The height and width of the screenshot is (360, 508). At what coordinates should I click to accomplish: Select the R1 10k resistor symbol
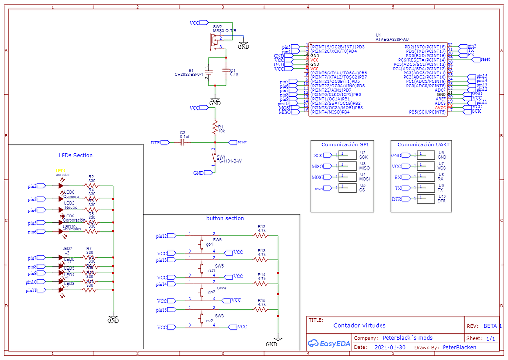coord(215,126)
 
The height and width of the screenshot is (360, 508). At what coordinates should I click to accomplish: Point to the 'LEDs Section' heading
coord(75,155)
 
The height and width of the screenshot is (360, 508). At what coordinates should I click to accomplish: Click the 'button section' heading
coord(225,218)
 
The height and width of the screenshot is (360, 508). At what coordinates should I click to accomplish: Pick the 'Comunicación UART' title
coord(424,145)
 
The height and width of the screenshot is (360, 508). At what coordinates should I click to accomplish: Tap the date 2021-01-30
coord(390,348)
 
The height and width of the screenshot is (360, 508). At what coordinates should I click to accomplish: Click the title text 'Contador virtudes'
coord(359,326)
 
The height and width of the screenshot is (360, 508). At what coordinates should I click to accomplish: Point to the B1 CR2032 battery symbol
coord(209,72)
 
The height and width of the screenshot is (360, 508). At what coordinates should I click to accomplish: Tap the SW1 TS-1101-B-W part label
coord(229,161)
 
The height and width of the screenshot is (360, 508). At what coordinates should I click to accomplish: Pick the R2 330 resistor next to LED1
coord(91,186)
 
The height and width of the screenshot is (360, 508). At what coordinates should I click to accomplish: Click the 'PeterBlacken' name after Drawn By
coord(459,348)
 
